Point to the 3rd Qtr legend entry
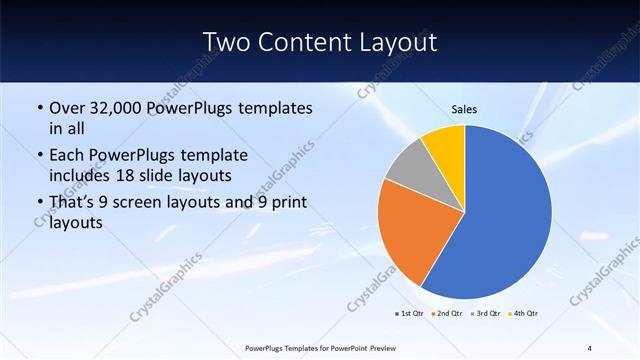pos(488,314)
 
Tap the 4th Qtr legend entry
pos(526,314)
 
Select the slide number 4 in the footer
pos(589,347)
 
